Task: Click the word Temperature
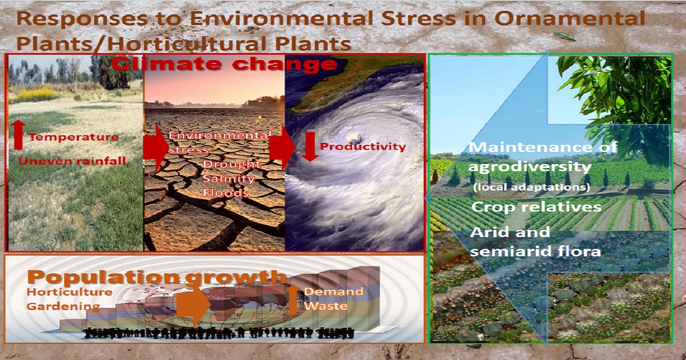pos(74,137)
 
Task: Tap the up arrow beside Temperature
pos(19,134)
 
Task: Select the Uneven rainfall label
pos(72,161)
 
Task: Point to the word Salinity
pos(229,179)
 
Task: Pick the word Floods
pos(226,193)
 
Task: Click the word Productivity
pos(363,147)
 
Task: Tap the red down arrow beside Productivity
pos(310,147)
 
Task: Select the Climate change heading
pos(224,64)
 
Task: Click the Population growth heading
pos(157,277)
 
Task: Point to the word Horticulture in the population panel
pos(70,292)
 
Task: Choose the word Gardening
pos(63,306)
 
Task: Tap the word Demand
pos(334,291)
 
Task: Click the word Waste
pos(326,306)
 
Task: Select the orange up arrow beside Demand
pos(294,299)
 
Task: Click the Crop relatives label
pos(536,207)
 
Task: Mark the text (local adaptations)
pos(532,187)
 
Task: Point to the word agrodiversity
pos(530,167)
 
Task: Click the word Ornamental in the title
pos(569,18)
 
